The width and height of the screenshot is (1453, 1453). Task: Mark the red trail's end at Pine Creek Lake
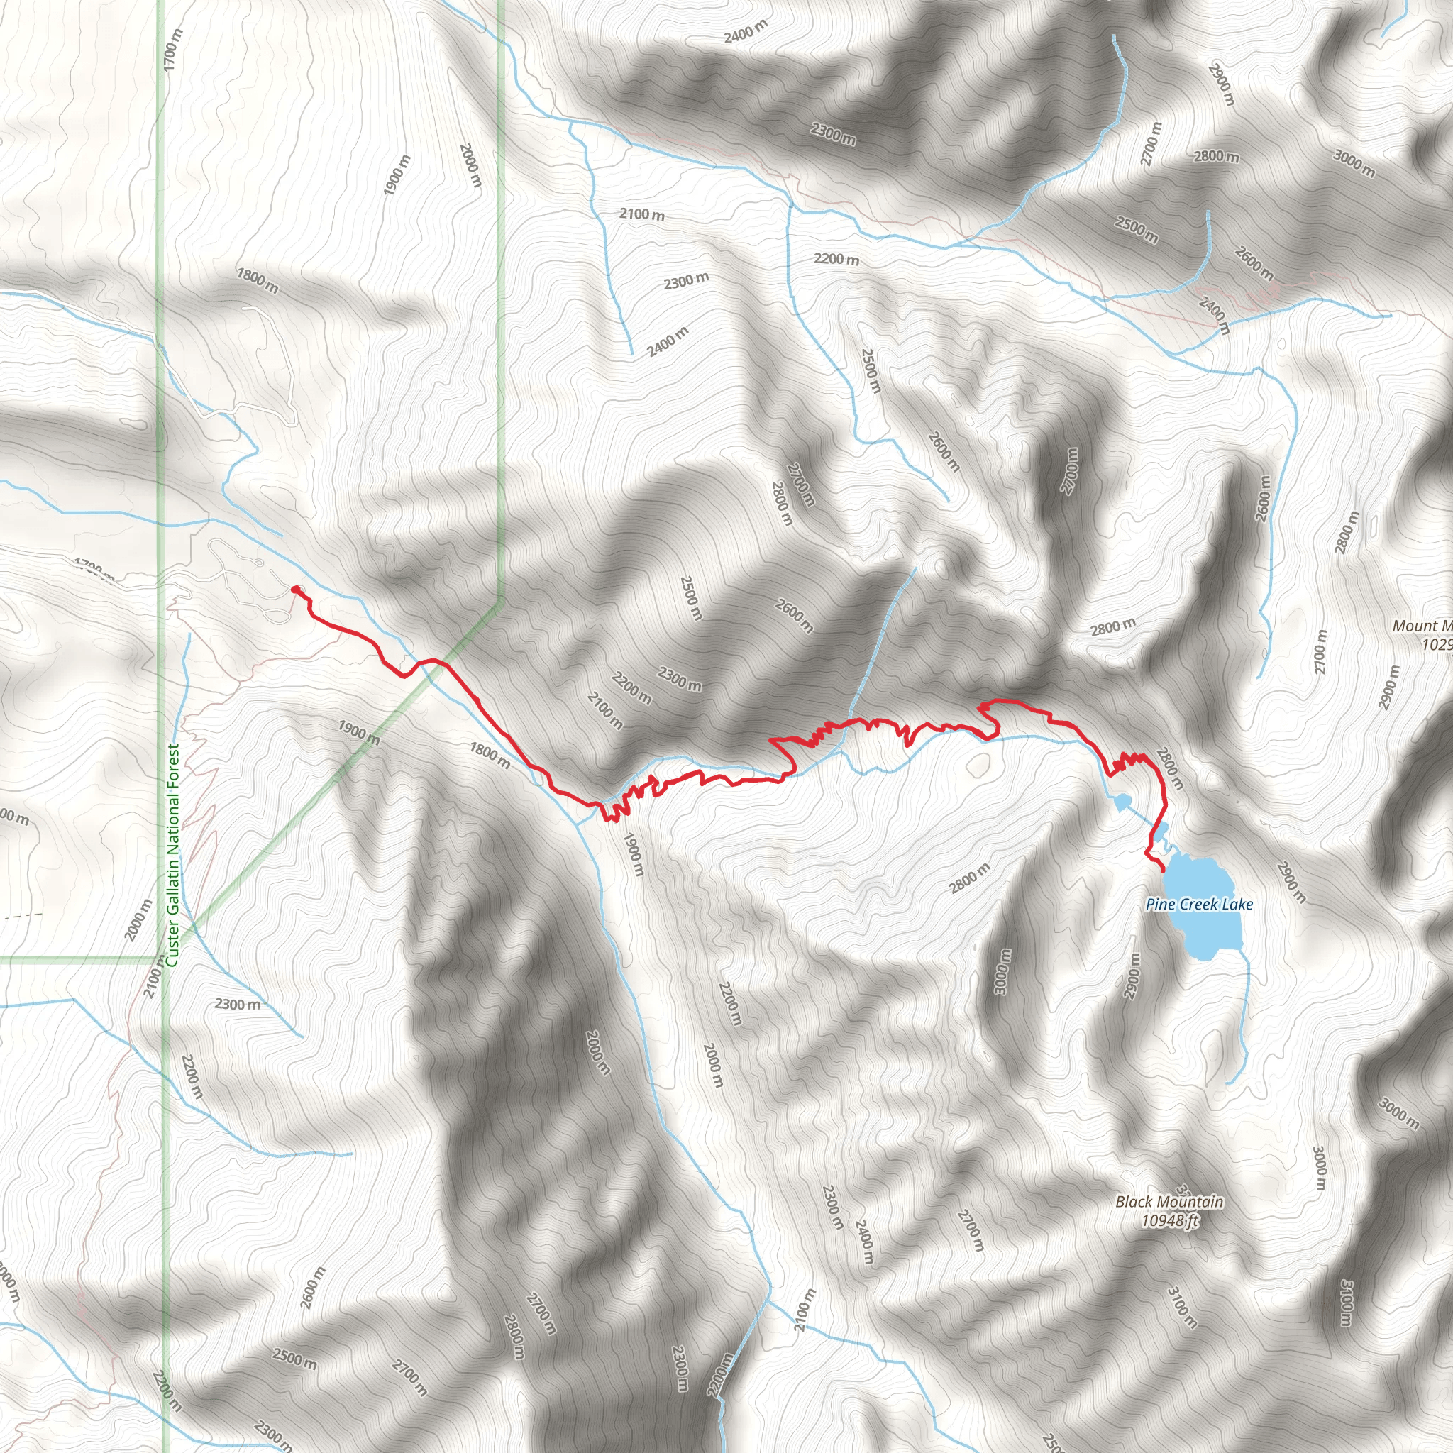click(1164, 871)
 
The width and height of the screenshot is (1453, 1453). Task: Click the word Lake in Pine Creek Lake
click(1237, 904)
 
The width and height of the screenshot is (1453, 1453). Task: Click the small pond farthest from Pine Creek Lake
click(1122, 803)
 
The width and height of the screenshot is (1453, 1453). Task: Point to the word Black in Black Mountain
click(1133, 1202)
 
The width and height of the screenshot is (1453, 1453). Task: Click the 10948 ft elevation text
click(1169, 1220)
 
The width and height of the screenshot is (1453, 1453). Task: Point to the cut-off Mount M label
click(1421, 626)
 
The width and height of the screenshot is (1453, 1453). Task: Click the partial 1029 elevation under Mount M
click(1436, 643)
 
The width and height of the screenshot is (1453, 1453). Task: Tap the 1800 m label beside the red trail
click(490, 755)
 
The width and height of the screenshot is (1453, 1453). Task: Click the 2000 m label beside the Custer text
click(139, 919)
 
